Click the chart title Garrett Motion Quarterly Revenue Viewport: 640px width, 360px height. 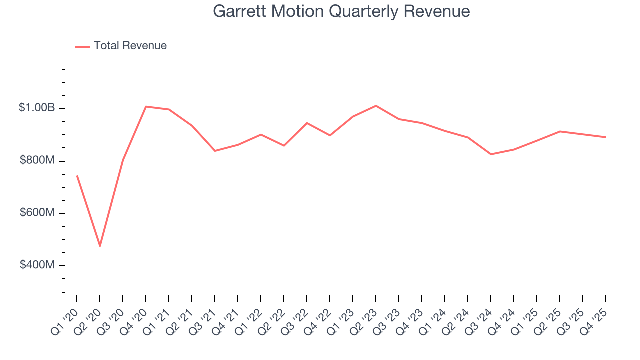point(341,11)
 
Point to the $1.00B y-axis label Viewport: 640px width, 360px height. point(37,108)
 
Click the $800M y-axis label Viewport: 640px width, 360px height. point(37,160)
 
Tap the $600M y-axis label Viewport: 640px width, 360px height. point(37,212)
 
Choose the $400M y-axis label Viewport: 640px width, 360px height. point(37,265)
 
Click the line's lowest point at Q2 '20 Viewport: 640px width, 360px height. point(100,246)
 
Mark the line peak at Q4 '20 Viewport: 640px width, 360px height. point(146,106)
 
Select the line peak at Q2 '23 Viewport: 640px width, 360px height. point(376,106)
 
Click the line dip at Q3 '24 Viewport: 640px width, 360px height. point(491,154)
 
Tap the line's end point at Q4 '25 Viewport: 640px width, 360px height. point(606,137)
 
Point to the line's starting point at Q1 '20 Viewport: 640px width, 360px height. point(77,176)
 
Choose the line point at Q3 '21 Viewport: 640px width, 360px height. point(215,151)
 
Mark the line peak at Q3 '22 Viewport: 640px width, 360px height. point(307,123)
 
